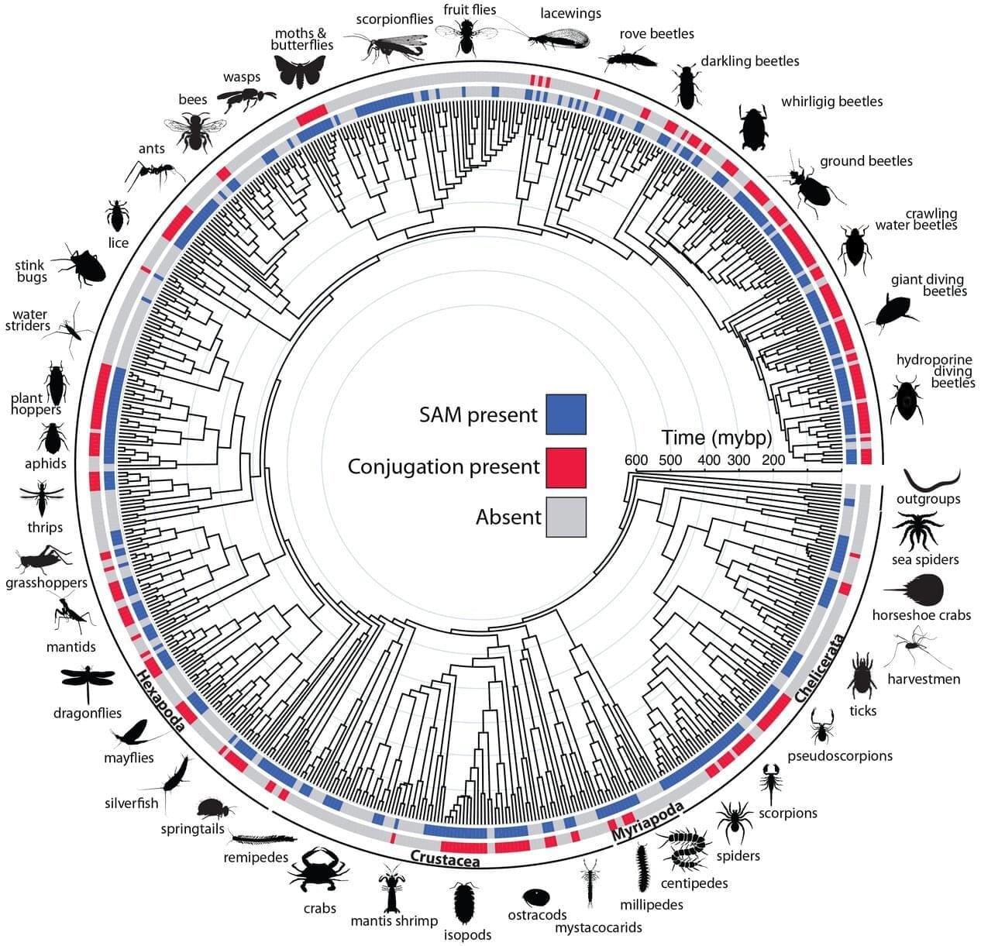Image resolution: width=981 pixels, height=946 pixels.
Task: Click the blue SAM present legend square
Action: (x=566, y=415)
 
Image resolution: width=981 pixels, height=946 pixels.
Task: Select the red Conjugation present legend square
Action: (x=566, y=468)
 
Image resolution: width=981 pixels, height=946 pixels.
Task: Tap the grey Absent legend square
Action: (x=566, y=517)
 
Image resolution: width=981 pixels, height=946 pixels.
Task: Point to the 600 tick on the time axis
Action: (x=635, y=460)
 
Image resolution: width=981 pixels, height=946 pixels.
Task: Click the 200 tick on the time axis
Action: (x=773, y=460)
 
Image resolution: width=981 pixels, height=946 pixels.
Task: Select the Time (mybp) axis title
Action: (x=716, y=438)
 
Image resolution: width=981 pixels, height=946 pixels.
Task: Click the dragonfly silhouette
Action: (x=88, y=681)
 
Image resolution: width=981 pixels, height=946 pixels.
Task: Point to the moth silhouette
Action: (x=300, y=71)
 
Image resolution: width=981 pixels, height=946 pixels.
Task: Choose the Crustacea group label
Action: (x=445, y=858)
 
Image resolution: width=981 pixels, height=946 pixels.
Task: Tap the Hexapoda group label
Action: (x=160, y=700)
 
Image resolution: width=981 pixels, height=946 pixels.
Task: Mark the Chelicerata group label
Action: (x=819, y=668)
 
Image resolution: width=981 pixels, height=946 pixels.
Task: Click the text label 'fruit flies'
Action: (x=470, y=9)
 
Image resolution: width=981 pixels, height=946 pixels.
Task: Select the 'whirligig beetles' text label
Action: (x=831, y=101)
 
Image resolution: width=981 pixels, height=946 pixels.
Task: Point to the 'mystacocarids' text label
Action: (x=598, y=927)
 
